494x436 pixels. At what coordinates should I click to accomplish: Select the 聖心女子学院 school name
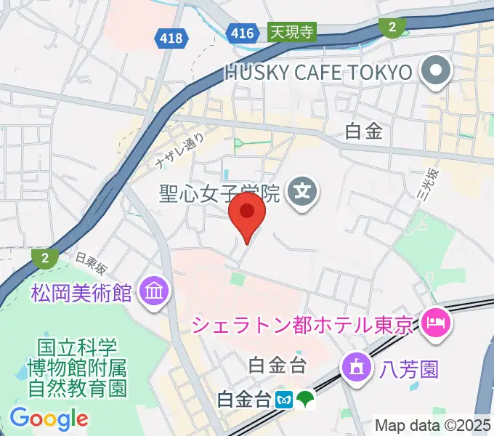219,193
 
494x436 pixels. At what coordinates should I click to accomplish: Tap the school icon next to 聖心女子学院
300,193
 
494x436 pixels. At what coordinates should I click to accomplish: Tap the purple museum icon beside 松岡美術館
155,293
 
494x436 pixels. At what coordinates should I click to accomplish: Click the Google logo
49,419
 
